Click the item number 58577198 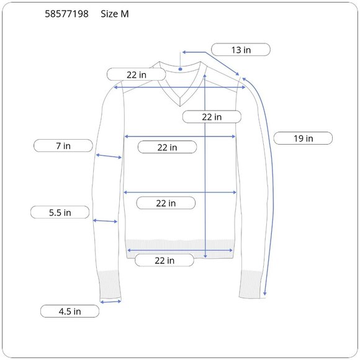coord(66,14)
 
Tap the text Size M coord(115,14)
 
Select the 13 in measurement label coord(241,50)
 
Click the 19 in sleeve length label coord(303,138)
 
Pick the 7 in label coord(63,146)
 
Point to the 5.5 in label coord(60,212)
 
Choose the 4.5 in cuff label coord(70,312)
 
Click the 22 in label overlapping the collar coord(137,74)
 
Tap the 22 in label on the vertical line coord(212,117)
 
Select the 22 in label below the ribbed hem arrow coord(164,260)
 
